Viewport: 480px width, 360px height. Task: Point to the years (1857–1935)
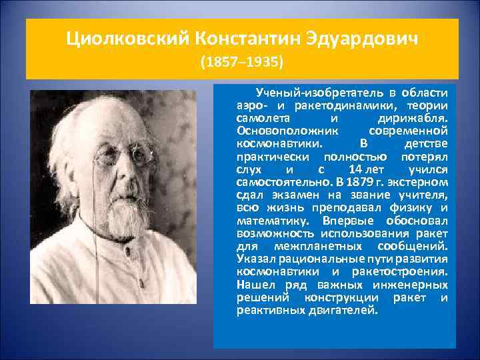(242, 63)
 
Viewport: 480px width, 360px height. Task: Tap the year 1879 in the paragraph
(354, 181)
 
